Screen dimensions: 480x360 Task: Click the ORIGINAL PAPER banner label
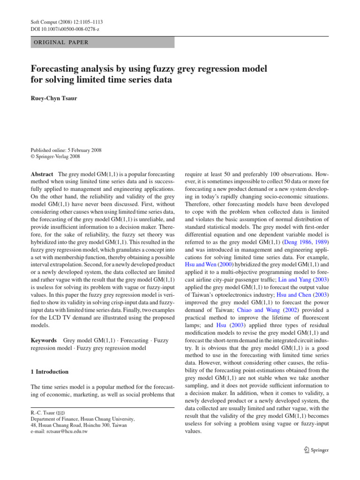point(59,42)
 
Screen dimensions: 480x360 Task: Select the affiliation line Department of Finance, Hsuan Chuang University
point(82,419)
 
